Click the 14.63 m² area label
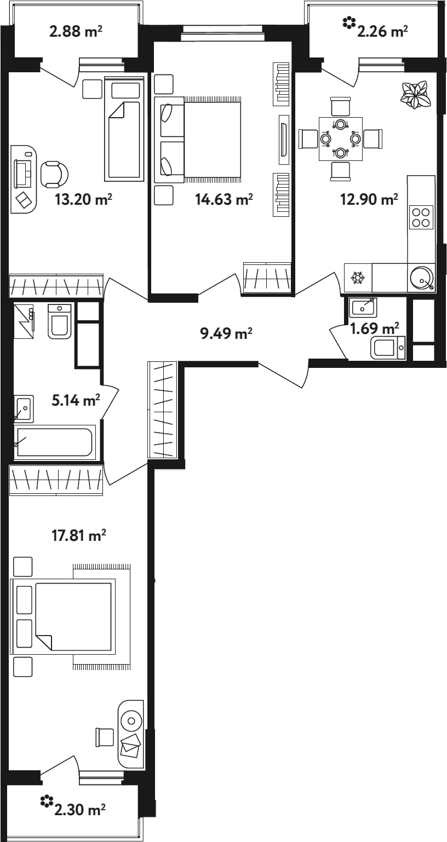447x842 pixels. [x=224, y=199]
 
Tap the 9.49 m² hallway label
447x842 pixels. [x=226, y=333]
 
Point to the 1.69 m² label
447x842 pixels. [x=374, y=328]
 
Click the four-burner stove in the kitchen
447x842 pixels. [x=421, y=217]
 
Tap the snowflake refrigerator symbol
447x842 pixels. [x=358, y=278]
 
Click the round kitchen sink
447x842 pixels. [x=422, y=278]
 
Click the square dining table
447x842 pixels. [x=341, y=139]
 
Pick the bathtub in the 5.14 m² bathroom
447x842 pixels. [x=55, y=442]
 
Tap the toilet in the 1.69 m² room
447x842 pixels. [x=388, y=348]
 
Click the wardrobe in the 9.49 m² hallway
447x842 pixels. [x=162, y=410]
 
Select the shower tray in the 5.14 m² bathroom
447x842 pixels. [x=24, y=321]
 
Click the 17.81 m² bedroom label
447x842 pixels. [x=79, y=535]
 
